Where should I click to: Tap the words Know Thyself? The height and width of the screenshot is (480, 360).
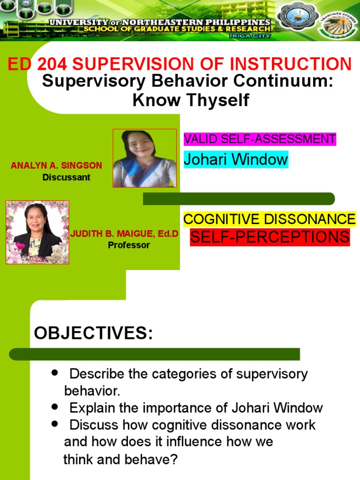pos(191,100)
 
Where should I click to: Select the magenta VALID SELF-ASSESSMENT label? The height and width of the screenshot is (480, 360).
pos(260,139)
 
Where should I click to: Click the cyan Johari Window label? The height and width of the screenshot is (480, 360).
pos(235,159)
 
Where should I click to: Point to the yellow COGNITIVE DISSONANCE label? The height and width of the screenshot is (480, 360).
pos(269,219)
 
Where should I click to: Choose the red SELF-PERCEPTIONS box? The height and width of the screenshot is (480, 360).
pos(270,237)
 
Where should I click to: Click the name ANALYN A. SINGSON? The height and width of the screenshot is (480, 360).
pos(56,166)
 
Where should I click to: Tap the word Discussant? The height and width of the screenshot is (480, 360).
pos(66,178)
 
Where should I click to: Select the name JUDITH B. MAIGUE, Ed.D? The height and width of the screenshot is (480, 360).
pos(124,234)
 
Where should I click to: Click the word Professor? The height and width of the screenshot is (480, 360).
pos(129,245)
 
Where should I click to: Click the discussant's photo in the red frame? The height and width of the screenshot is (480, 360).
pos(145,158)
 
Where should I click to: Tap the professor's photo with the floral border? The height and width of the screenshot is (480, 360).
pos(37,232)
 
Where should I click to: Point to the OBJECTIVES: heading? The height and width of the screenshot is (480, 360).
pos(93,333)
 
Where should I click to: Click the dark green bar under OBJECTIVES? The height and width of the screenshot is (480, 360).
pos(155,354)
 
